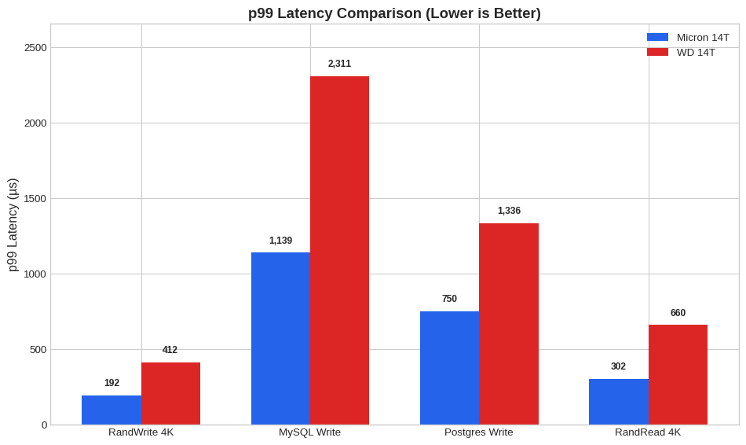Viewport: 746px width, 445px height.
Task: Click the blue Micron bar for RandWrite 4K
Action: point(112,410)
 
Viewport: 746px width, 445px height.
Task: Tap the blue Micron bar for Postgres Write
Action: point(449,367)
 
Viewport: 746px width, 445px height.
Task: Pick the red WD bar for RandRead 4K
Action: point(678,374)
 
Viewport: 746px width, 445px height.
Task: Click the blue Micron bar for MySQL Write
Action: point(280,338)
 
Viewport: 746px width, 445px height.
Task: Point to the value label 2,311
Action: point(339,64)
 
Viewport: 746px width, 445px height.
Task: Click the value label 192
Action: point(112,383)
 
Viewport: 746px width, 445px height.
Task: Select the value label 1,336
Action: point(509,211)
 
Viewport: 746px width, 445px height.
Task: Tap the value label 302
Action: point(618,366)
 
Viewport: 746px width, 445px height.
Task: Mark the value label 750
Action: point(449,299)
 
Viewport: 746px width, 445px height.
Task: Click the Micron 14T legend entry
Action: point(688,37)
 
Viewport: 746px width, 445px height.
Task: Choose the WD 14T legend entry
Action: point(682,52)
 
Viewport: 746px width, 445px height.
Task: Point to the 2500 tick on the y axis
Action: point(35,47)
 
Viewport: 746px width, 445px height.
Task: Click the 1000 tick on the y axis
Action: point(35,274)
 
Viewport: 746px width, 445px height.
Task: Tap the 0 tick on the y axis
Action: point(44,425)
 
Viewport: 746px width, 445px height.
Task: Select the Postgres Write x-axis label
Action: point(478,432)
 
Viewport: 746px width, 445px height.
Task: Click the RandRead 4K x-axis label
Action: point(648,432)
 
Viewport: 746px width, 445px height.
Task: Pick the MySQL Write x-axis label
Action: point(309,432)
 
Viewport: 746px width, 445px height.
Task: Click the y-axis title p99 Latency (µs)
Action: point(13,225)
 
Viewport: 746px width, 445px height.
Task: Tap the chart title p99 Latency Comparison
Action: point(394,13)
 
